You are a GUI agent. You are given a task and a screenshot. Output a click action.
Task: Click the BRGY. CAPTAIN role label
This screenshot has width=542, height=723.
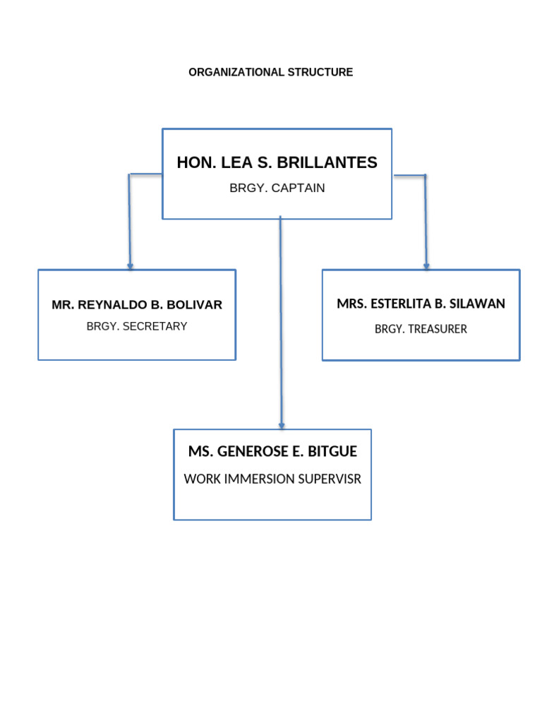[x=277, y=189]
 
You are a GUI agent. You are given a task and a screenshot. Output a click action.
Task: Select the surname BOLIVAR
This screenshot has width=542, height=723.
[x=194, y=305]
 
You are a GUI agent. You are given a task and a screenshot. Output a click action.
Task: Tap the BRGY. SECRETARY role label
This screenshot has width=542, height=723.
[x=137, y=327]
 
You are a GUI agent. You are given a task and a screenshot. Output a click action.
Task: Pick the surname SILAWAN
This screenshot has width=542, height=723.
[x=478, y=304]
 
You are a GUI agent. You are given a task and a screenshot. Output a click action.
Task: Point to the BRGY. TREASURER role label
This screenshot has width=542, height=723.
[x=421, y=329]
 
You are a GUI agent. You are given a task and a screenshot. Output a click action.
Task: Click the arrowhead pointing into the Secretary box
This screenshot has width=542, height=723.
[x=130, y=265]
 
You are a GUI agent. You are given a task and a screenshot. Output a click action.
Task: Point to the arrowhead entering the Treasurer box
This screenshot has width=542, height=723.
[x=426, y=265]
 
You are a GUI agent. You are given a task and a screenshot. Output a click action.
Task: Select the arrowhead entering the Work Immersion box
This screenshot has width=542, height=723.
[x=282, y=425]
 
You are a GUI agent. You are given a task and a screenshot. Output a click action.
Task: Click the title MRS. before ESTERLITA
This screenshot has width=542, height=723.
[x=351, y=304]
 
